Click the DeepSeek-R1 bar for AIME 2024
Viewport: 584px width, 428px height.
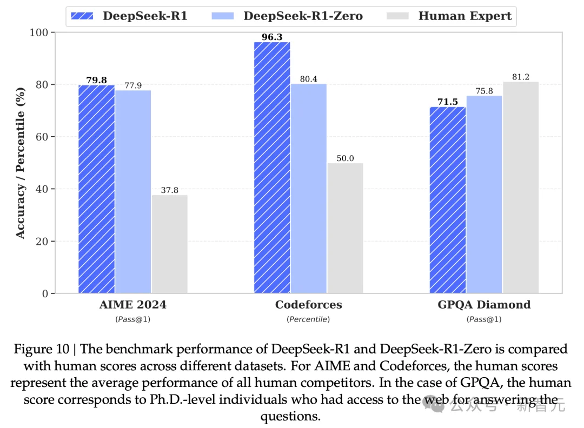click(x=96, y=189)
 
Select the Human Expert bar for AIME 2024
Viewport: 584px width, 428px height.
click(x=169, y=244)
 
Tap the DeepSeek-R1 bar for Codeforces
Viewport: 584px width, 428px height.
click(x=272, y=168)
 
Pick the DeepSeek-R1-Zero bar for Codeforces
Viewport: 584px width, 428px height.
click(x=308, y=189)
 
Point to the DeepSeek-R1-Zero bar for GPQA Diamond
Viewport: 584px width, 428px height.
click(x=485, y=195)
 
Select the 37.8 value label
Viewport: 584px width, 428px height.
click(x=169, y=190)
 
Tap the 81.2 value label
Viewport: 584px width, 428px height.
click(x=521, y=77)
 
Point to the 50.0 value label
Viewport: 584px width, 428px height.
click(x=345, y=158)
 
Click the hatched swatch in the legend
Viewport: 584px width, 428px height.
click(x=84, y=16)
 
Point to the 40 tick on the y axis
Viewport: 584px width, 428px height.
click(x=43, y=189)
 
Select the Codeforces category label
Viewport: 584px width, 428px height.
click(x=308, y=305)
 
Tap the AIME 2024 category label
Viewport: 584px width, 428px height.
click(x=133, y=305)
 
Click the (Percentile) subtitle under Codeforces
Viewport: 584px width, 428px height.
click(x=308, y=319)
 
